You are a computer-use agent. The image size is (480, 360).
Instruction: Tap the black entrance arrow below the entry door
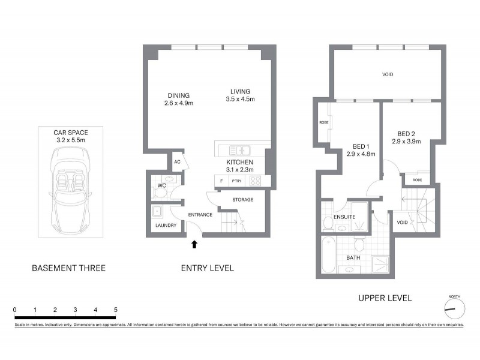tap(194, 244)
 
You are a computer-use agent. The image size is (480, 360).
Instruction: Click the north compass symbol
tap(454, 308)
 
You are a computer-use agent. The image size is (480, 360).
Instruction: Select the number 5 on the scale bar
tap(115, 310)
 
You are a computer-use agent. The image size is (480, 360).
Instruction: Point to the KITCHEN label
tap(239, 163)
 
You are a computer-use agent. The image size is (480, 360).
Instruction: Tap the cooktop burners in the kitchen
tap(256, 181)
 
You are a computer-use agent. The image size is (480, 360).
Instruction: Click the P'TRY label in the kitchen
tap(236, 181)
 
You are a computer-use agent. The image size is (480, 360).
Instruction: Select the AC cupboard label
tap(177, 162)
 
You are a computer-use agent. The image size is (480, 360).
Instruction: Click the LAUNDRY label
tap(165, 225)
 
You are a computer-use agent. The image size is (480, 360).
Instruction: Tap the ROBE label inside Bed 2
tap(417, 179)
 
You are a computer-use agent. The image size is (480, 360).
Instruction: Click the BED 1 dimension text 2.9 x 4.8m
tap(361, 154)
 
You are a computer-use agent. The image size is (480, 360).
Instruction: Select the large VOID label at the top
tap(388, 74)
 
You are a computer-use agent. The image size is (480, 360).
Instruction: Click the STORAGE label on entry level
tap(243, 199)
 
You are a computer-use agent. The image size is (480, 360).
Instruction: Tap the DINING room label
tap(179, 95)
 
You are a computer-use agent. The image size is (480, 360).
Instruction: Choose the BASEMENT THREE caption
tap(68, 268)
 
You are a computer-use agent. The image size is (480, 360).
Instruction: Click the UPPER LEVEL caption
tap(385, 298)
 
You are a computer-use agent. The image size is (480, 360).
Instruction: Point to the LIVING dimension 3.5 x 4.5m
tap(241, 99)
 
